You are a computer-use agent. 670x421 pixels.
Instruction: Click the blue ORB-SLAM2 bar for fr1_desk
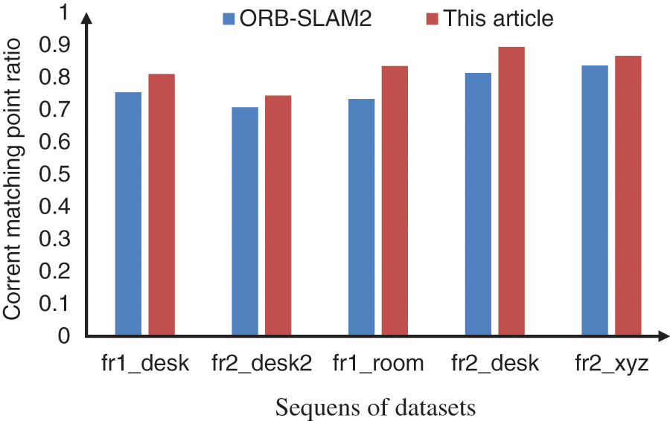128,213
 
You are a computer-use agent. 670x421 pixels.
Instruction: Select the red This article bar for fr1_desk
161,205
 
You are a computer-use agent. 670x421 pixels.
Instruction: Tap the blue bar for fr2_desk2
245,221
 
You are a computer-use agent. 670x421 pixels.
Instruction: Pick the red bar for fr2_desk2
278,215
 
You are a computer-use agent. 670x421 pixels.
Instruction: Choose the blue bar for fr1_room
361,216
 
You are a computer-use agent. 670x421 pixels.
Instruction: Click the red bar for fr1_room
395,200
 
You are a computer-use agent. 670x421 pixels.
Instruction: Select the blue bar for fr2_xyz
595,200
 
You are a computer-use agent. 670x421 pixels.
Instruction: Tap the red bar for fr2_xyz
628,195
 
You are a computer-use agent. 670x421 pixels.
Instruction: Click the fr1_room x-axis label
378,364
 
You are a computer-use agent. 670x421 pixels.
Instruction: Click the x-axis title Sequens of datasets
375,408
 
